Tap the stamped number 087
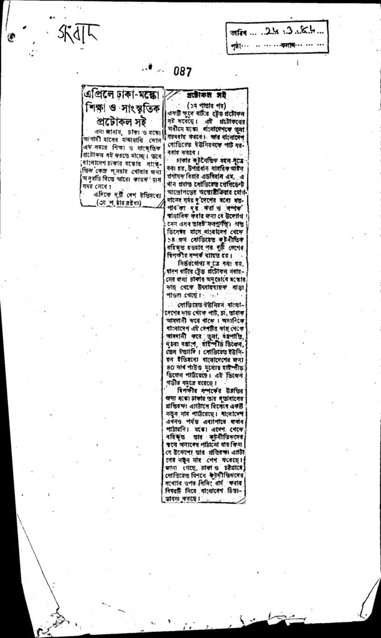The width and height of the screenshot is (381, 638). (182, 72)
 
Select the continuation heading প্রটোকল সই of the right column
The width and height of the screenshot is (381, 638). (206, 95)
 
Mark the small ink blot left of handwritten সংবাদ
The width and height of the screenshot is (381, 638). (12, 37)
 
